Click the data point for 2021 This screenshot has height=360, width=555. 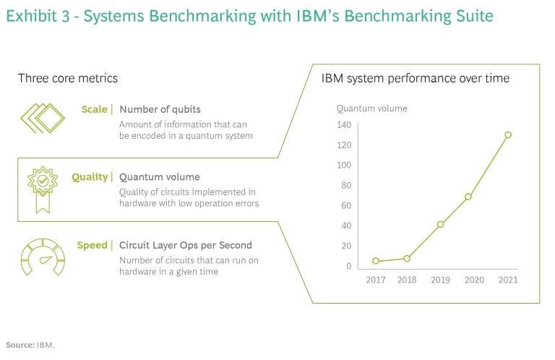508,134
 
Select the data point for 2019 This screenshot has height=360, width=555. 440,224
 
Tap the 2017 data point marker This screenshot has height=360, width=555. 376,261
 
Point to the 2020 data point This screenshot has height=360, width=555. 468,197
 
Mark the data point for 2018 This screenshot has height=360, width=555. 407,258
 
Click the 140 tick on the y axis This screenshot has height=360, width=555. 343,125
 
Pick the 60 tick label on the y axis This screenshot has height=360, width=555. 345,205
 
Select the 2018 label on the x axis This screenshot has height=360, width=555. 408,280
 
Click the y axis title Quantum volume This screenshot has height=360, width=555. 372,108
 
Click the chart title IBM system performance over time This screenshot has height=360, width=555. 416,78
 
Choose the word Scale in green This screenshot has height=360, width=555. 95,110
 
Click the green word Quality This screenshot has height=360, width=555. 90,177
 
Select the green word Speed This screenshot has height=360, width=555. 92,245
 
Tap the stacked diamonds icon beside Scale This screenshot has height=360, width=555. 41,118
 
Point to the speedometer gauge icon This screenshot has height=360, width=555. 41,256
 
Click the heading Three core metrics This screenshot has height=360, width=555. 68,78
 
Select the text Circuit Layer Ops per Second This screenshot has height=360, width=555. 186,245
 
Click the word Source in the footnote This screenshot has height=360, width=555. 20,345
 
